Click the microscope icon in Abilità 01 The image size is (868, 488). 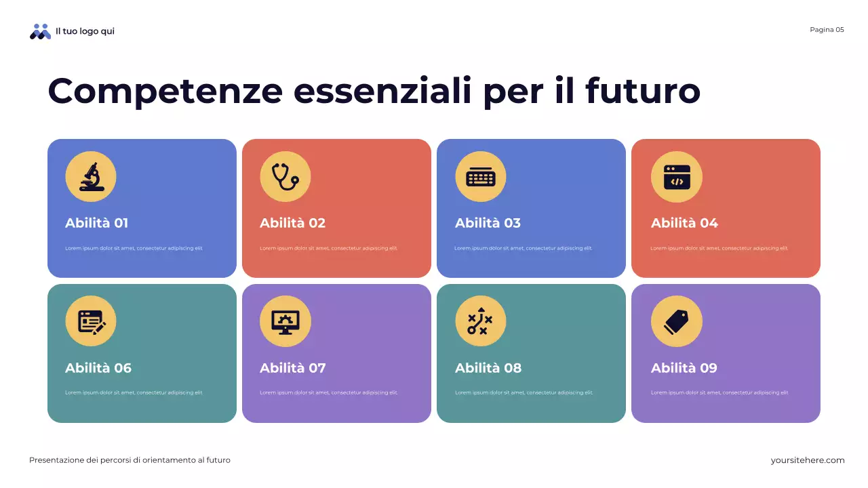pos(91,177)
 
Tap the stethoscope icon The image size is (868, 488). pos(285,177)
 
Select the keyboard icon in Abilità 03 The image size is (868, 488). pos(481,177)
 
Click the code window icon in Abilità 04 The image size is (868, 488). pos(677,177)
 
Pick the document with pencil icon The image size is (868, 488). pos(91,321)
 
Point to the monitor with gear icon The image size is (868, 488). pos(285,321)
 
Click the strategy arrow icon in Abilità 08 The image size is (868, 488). pos(481,321)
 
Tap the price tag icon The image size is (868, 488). pos(677,321)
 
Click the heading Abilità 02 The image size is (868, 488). pos(292,223)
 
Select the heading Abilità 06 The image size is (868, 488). pos(98,368)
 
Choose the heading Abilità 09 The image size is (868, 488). pos(684,368)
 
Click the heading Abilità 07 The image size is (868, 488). pos(292,368)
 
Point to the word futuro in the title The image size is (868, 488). pos(642,91)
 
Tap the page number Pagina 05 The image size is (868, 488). pos(827,30)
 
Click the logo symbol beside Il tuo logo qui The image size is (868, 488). pos(41,31)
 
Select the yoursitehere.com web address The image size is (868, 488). pos(808,460)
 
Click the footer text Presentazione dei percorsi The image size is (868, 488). pos(130,460)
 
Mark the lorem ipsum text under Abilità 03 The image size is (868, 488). pos(523,248)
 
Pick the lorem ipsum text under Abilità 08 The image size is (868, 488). pos(523,393)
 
